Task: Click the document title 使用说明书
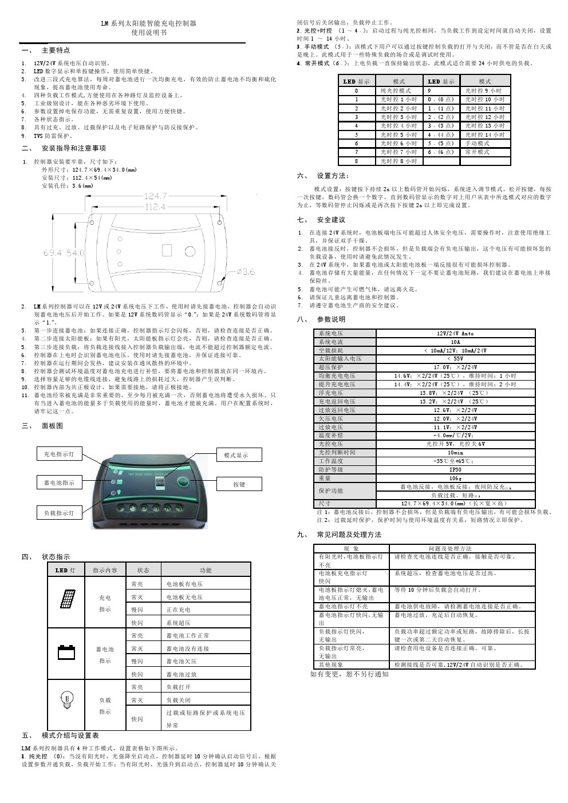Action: (x=148, y=33)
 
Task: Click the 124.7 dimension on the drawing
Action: (x=156, y=196)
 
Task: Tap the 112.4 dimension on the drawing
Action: (x=155, y=207)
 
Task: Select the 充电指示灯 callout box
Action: (x=59, y=454)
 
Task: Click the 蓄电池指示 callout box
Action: (x=60, y=483)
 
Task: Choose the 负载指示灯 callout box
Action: (x=59, y=513)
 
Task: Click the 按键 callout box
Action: (x=239, y=484)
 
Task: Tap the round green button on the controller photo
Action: (x=182, y=482)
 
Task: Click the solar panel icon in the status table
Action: (x=68, y=600)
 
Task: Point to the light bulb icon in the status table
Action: (x=68, y=699)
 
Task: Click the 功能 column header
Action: (x=206, y=570)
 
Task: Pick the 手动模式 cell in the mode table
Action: (x=477, y=144)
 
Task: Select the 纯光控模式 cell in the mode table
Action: (x=396, y=91)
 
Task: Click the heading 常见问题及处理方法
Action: (x=349, y=535)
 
